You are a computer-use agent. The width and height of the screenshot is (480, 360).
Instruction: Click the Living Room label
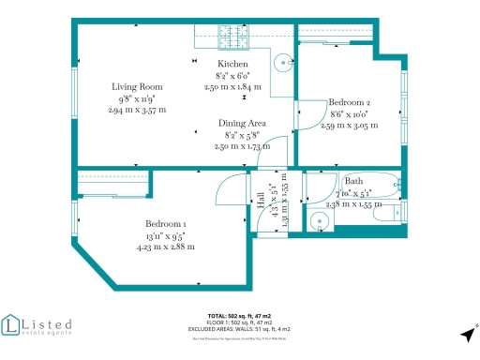(x=137, y=86)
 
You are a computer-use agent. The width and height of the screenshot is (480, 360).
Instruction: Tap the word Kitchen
(x=233, y=64)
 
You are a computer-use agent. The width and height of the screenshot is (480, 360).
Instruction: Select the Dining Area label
(x=242, y=124)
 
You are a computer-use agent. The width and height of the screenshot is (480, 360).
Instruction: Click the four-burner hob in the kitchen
(x=232, y=37)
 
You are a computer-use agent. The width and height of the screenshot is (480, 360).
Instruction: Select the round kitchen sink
(x=282, y=64)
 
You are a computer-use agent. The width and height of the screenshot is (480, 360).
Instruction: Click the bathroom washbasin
(x=321, y=222)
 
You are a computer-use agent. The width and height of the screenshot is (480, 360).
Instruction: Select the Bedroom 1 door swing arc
(x=230, y=192)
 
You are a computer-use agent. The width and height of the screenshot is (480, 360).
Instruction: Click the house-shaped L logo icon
(x=12, y=325)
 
